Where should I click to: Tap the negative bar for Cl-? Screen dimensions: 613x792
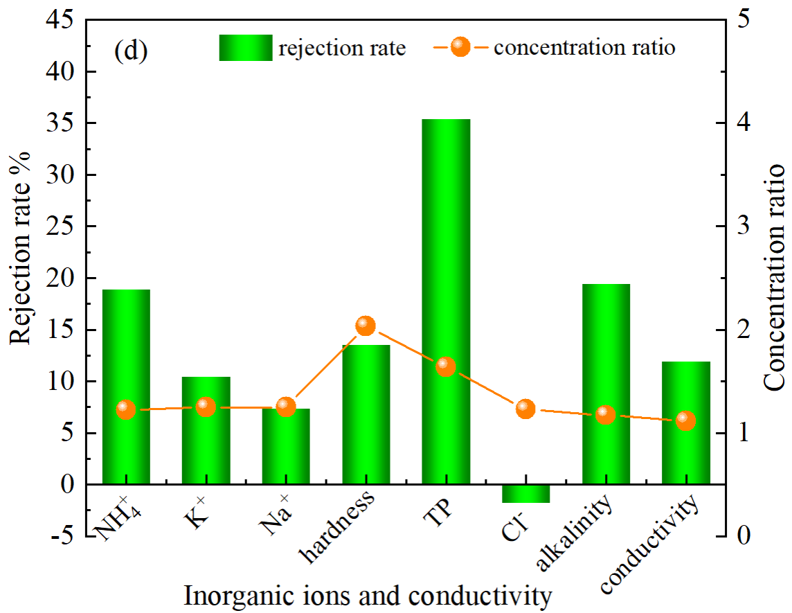tap(526, 494)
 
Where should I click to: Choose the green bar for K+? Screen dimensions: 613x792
tap(206, 430)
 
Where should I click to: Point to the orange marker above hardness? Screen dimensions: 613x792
tap(366, 326)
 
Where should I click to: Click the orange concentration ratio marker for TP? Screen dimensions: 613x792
tap(446, 367)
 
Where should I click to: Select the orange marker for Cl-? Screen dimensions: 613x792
tap(526, 409)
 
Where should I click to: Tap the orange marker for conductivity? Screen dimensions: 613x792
tap(686, 420)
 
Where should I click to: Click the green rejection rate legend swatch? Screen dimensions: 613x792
tap(245, 48)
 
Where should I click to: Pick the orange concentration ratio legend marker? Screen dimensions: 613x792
tap(460, 48)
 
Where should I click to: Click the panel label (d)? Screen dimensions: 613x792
tap(132, 52)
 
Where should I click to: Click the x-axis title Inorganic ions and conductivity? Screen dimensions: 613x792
tap(368, 596)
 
